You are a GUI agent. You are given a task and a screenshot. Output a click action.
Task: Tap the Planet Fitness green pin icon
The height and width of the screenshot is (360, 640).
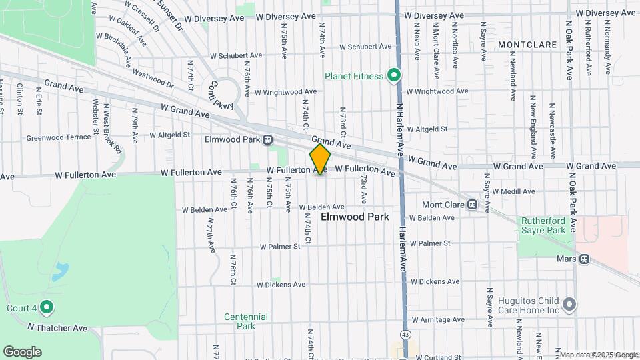tap(394, 75)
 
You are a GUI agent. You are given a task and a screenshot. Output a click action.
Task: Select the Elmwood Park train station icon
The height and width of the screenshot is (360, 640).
tap(267, 140)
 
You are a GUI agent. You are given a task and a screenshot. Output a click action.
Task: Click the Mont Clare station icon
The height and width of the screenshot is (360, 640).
tap(472, 204)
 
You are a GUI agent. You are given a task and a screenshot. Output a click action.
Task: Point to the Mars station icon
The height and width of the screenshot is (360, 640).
tap(584, 258)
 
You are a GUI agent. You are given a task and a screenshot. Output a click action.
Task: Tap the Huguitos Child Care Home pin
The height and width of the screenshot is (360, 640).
tap(569, 305)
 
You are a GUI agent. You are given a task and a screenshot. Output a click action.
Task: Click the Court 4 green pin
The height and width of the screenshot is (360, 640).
tap(46, 307)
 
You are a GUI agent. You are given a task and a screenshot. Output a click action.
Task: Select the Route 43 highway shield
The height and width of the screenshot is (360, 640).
tap(405, 333)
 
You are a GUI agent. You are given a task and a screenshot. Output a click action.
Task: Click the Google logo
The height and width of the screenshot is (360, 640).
tap(22, 352)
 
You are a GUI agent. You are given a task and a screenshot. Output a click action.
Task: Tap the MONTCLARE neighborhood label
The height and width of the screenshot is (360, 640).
tap(527, 45)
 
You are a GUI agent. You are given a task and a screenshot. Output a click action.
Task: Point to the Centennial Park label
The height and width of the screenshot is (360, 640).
tap(246, 321)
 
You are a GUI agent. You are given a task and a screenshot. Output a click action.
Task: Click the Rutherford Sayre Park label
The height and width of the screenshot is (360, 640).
tap(543, 225)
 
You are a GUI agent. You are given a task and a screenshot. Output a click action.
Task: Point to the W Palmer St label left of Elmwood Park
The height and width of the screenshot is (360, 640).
tap(280, 246)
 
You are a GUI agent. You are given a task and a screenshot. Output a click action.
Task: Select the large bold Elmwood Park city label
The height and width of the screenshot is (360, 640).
tap(355, 217)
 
